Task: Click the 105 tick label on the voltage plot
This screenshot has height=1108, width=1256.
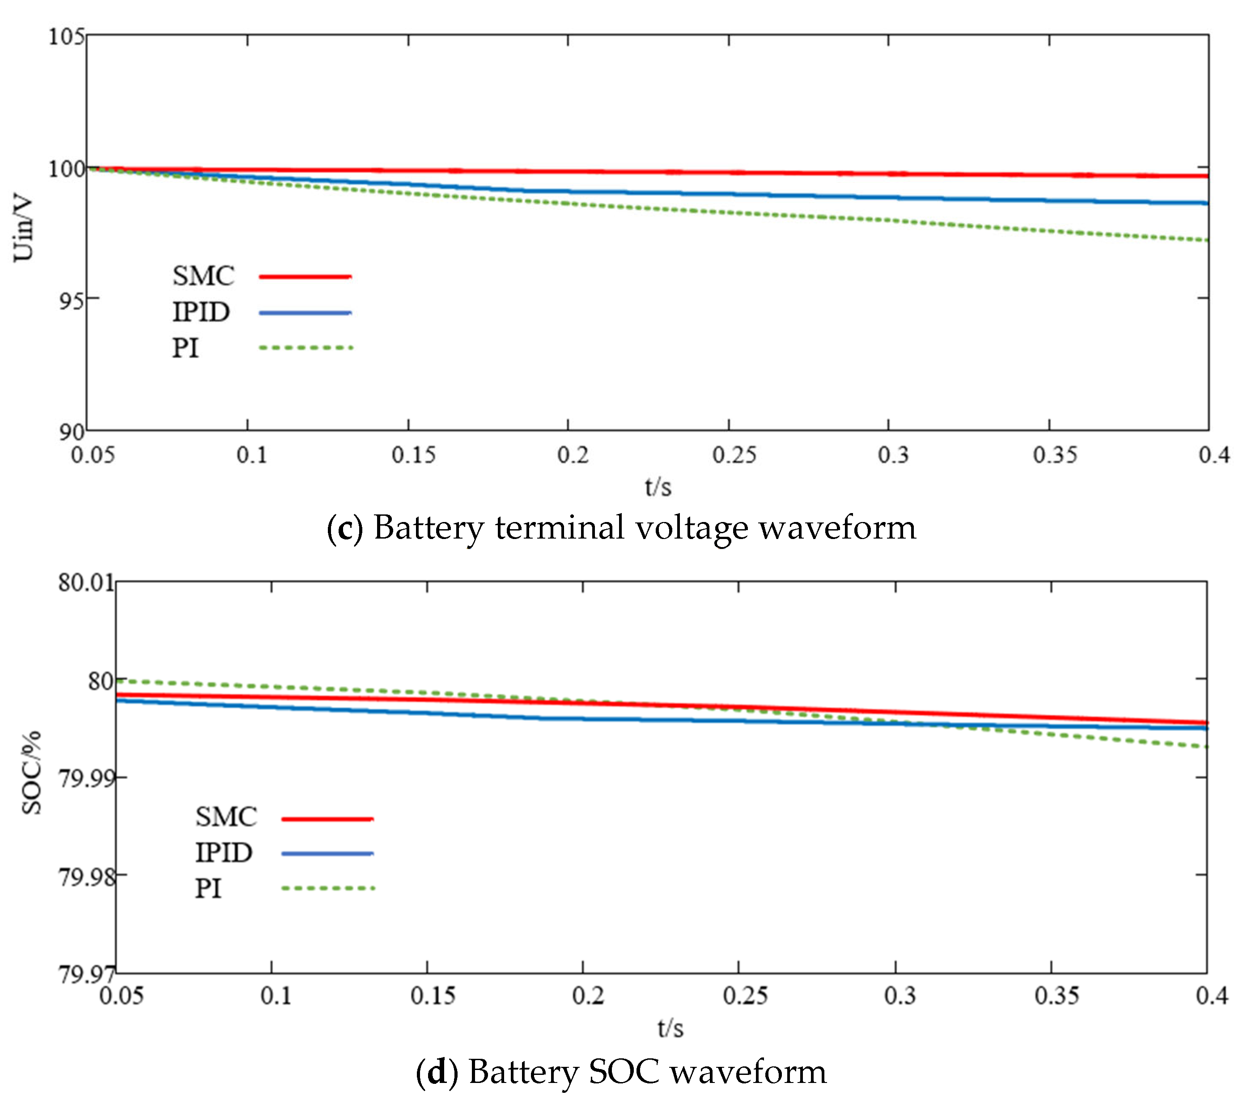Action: tap(66, 37)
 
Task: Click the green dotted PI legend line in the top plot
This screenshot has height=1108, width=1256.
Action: tap(306, 348)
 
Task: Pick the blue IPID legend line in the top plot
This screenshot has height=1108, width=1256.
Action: tap(306, 313)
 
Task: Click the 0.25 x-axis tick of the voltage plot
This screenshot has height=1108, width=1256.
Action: tap(734, 455)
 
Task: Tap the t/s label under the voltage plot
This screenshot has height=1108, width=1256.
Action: tap(658, 487)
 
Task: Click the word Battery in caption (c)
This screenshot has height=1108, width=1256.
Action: tap(429, 528)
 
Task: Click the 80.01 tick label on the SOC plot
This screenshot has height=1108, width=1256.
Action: tap(86, 582)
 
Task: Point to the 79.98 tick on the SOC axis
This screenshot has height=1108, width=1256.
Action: tap(86, 877)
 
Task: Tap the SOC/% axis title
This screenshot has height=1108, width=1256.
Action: tap(32, 773)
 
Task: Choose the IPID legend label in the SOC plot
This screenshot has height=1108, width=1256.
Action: tap(224, 852)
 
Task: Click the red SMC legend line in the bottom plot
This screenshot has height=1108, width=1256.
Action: tap(327, 819)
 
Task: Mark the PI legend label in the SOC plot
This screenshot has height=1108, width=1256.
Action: tap(208, 889)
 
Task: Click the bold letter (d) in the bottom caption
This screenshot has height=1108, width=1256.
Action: tap(437, 1072)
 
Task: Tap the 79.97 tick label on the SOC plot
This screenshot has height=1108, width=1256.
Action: tap(86, 975)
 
